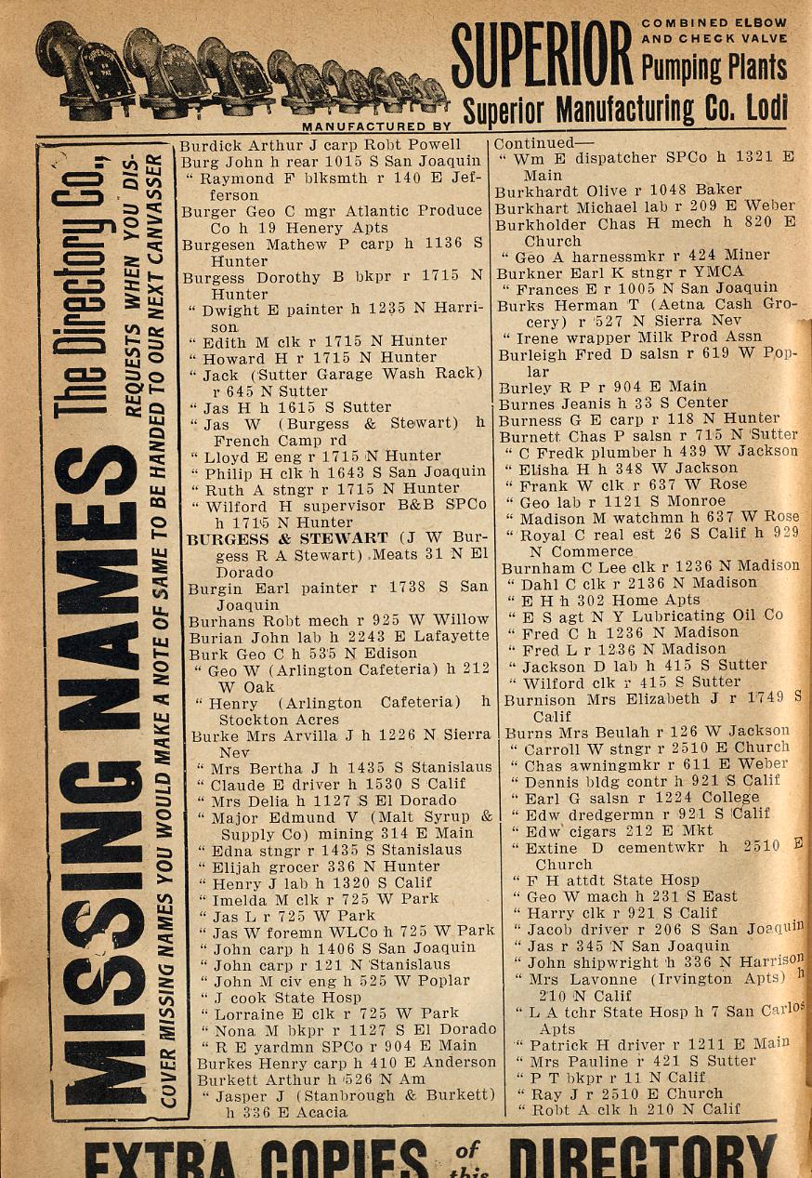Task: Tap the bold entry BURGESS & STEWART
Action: click(289, 538)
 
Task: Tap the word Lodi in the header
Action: click(766, 108)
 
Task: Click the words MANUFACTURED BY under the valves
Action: click(376, 124)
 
